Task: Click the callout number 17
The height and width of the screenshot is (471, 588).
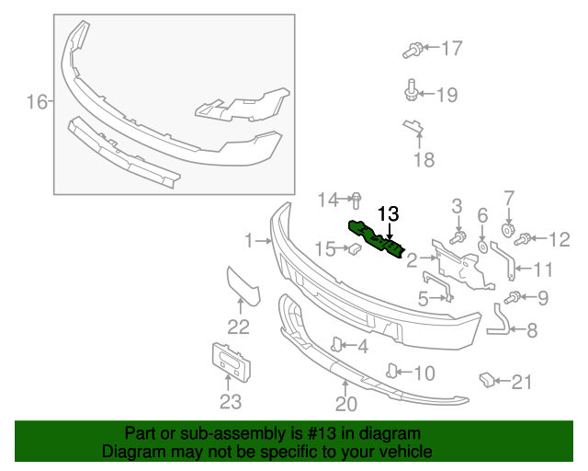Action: pos(452,48)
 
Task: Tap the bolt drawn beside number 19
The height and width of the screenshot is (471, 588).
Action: pos(412,91)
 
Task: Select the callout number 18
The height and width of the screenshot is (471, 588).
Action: pos(423,161)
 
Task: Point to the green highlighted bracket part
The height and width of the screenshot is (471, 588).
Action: pos(377,239)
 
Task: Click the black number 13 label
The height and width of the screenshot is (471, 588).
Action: pos(389,213)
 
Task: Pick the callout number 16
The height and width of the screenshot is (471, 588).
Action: pos(36,102)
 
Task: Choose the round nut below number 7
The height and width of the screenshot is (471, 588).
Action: pos(506,227)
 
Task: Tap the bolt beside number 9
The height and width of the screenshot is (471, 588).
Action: pos(514,296)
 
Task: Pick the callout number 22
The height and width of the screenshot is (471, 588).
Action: pos(238,327)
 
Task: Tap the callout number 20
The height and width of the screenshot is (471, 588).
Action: pos(345,403)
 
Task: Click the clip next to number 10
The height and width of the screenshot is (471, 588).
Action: pos(392,371)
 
